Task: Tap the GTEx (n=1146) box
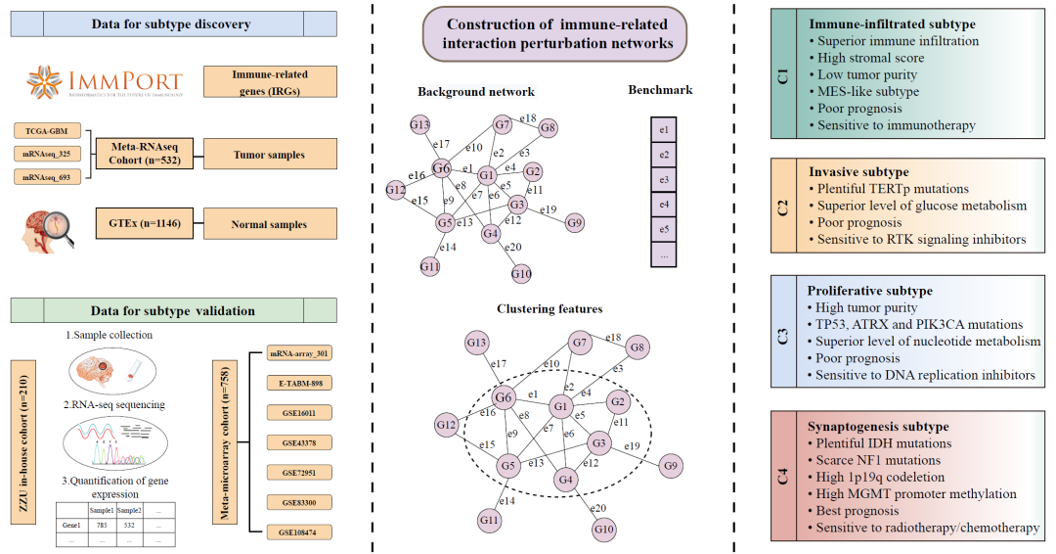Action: point(145,224)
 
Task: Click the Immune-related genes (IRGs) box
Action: point(269,81)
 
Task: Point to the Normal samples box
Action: point(269,224)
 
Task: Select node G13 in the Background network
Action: point(420,125)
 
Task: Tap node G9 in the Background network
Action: point(575,224)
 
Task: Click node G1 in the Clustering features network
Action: point(560,406)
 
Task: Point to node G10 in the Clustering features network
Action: point(604,530)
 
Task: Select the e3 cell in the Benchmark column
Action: point(664,180)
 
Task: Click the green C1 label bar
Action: point(782,73)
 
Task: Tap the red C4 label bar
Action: point(782,477)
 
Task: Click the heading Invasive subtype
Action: point(858,171)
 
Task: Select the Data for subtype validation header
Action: point(172,311)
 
